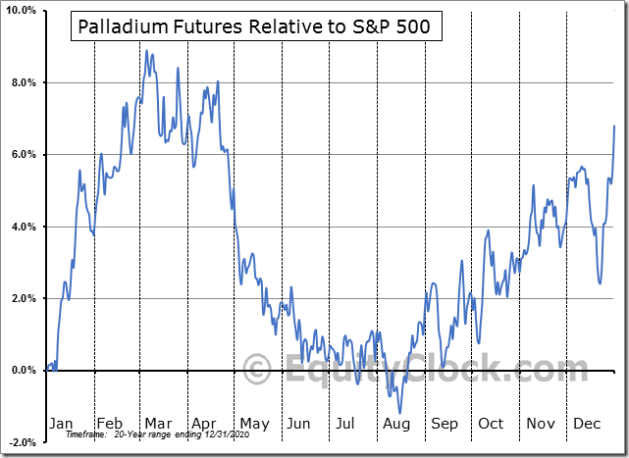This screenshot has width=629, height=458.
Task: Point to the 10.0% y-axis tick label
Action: (21, 11)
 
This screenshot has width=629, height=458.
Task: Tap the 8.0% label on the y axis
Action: (23, 82)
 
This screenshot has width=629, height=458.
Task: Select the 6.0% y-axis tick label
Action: (23, 155)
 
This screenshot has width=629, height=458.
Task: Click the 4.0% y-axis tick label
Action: (23, 227)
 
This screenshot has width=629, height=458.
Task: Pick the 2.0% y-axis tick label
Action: (23, 298)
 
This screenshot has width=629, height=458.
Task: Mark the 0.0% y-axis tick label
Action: (23, 371)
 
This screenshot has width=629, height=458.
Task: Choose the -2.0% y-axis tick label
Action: (21, 442)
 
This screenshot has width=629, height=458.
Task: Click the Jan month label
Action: (61, 423)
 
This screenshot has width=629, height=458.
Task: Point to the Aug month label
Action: (396, 423)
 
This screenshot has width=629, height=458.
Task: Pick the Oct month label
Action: (491, 423)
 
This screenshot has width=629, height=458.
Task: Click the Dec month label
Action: (586, 423)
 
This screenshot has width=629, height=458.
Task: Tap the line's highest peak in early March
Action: (146, 51)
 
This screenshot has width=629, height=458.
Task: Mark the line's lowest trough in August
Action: (398, 413)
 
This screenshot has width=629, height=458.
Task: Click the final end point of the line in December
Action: (614, 126)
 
